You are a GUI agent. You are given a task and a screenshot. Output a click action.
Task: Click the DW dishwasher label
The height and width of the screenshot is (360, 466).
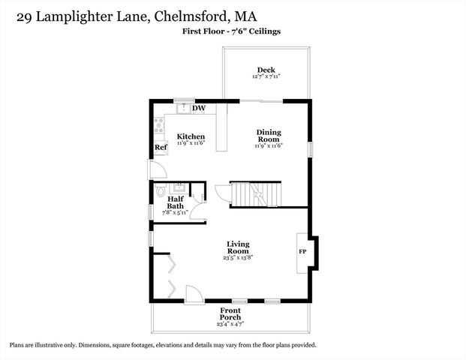click(x=199, y=109)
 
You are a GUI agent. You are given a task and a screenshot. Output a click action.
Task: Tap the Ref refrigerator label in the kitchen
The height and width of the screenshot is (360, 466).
click(x=160, y=148)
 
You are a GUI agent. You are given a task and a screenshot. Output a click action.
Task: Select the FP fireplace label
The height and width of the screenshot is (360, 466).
click(x=303, y=252)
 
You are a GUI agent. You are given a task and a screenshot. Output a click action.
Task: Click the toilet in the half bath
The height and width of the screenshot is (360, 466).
click(x=161, y=191)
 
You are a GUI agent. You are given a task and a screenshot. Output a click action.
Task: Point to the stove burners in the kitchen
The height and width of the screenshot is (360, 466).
click(x=159, y=125)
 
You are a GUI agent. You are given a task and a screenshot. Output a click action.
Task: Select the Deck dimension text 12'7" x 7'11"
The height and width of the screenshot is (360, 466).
click(x=266, y=76)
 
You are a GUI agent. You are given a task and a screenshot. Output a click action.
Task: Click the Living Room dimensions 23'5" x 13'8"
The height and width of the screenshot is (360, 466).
click(x=238, y=257)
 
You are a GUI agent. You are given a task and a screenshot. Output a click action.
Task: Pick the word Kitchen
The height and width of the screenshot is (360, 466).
click(x=191, y=136)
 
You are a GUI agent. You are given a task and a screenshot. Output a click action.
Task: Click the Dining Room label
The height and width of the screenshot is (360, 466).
click(x=268, y=135)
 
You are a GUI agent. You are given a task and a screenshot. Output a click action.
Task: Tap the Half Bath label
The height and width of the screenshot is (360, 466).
click(x=175, y=202)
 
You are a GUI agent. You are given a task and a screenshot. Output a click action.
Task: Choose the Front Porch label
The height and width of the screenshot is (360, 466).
click(x=230, y=313)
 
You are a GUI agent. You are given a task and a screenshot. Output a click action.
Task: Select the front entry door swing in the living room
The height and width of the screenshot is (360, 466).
click(x=193, y=293)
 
